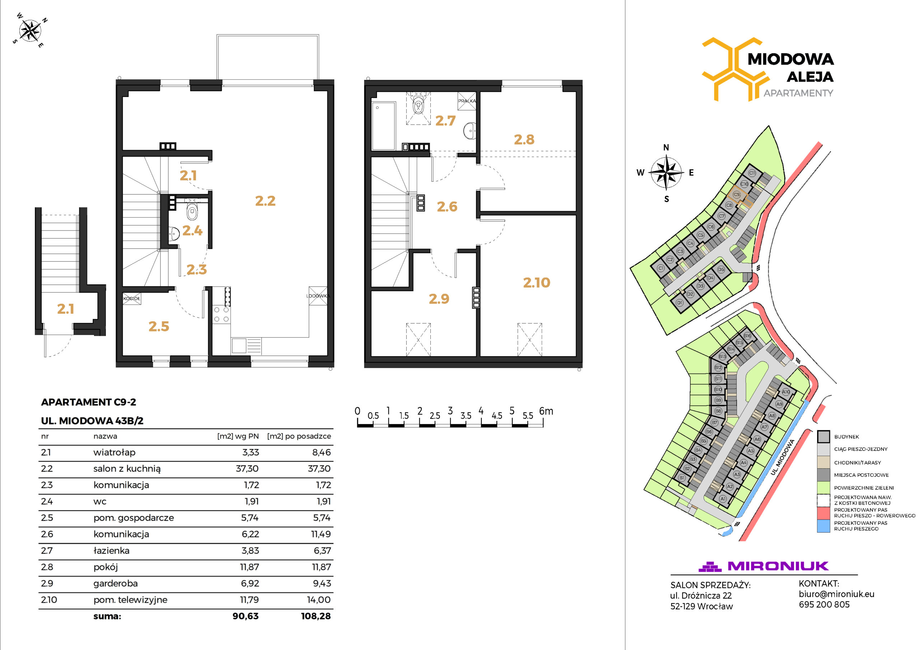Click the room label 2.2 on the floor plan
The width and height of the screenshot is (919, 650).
pos(265,201)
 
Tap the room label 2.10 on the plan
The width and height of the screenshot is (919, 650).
pos(536,283)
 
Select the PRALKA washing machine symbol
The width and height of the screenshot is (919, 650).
pos(467,101)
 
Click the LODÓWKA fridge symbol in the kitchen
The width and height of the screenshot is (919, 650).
pos(318,296)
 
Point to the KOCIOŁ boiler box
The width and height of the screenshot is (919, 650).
pos(132,299)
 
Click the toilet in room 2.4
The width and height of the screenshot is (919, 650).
pos(192,212)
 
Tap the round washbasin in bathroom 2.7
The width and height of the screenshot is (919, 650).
pos(470,131)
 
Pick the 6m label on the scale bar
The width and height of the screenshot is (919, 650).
pos(546,411)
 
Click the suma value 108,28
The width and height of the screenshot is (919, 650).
pos(316,616)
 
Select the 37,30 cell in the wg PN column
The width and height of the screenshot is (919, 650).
pos(247,469)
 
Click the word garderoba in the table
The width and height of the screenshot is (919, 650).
pos(115,584)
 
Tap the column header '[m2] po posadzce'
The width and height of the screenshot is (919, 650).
pos(299,436)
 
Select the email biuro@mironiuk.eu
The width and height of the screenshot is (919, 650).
pos(836,594)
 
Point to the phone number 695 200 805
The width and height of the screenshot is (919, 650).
pos(824,605)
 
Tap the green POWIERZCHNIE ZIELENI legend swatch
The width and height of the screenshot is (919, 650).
pos(824,488)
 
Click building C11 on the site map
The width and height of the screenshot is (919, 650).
pos(752,173)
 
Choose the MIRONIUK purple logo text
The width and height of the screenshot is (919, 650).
pos(778,566)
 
